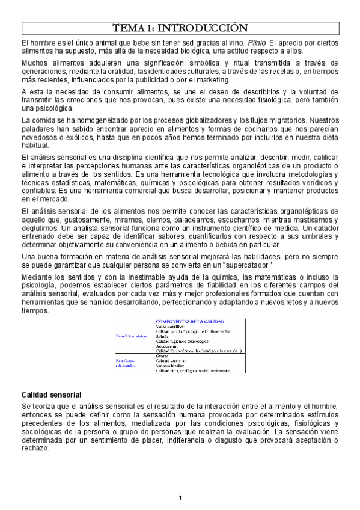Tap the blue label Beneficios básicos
click(x=133, y=337)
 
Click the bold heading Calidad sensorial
click(x=51, y=395)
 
